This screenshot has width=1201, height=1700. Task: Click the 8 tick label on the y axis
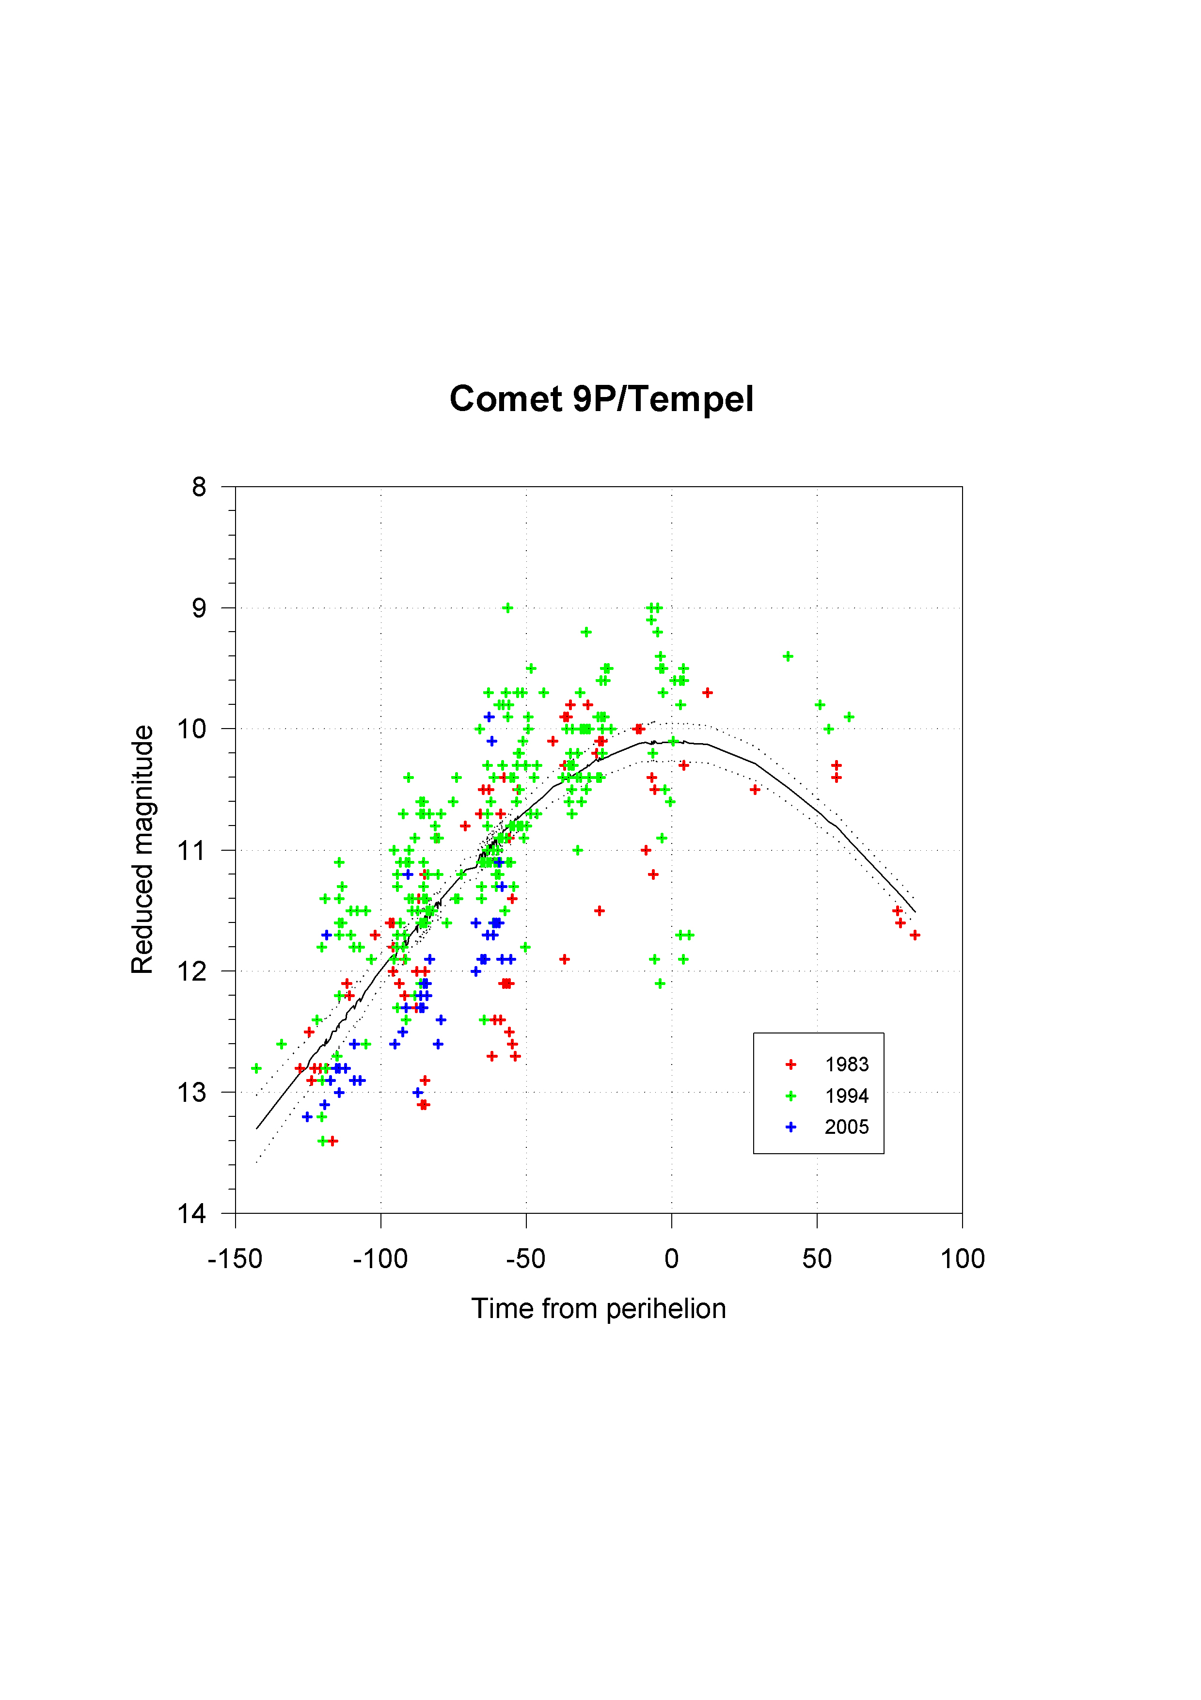pyautogui.click(x=198, y=487)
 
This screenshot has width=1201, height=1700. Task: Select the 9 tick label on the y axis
pyautogui.click(x=198, y=608)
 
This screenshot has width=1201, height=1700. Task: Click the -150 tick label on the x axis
pyautogui.click(x=235, y=1259)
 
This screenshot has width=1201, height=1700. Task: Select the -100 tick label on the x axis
pyautogui.click(x=380, y=1259)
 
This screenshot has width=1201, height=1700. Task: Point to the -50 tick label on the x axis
pyautogui.click(x=526, y=1259)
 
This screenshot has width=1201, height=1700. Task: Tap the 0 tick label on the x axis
pyautogui.click(x=672, y=1259)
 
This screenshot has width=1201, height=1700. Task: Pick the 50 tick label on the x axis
pyautogui.click(x=817, y=1259)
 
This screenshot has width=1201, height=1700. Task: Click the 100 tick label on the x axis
pyautogui.click(x=962, y=1259)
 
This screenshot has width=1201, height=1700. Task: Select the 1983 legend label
pyautogui.click(x=846, y=1064)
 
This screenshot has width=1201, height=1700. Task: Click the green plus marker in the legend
pyautogui.click(x=791, y=1096)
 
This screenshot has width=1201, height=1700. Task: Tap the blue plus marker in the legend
pyautogui.click(x=791, y=1127)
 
